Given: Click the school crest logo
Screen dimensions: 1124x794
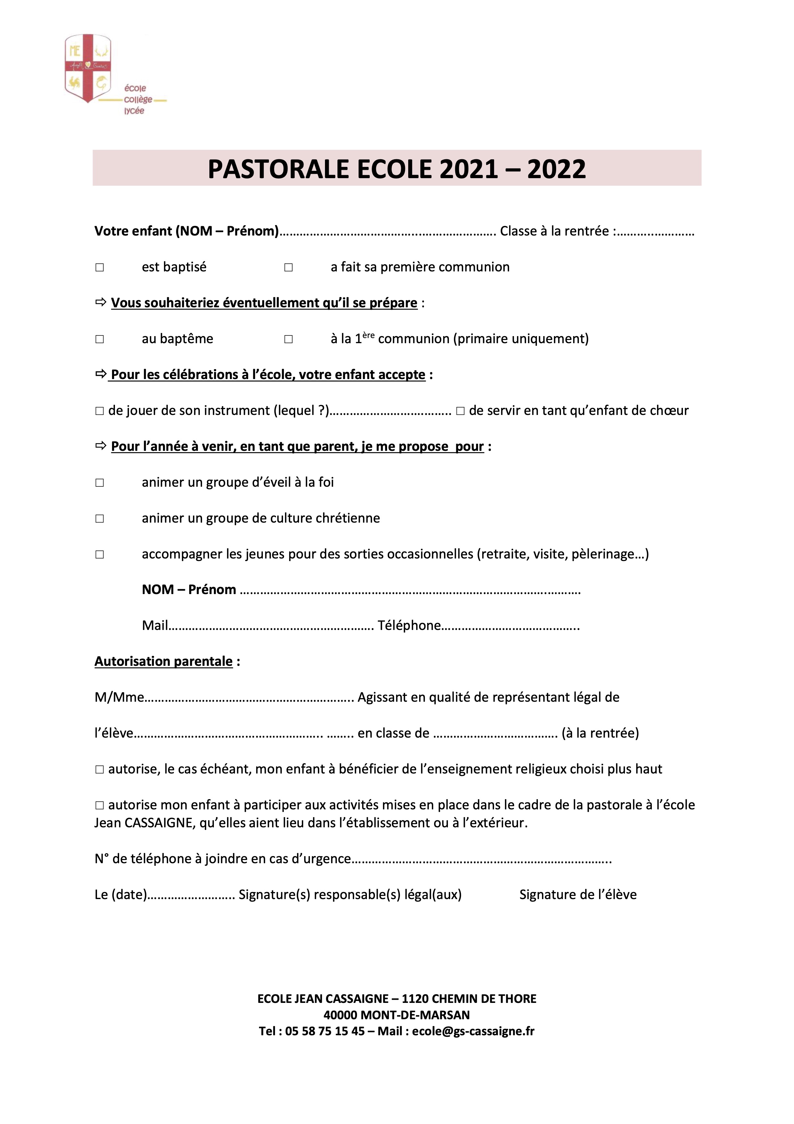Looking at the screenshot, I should (x=88, y=69).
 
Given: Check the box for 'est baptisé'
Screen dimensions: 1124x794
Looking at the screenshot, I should (x=99, y=267).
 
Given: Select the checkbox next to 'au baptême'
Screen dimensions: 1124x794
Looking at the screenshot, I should (x=99, y=339).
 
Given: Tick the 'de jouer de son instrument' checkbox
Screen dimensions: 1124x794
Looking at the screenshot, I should (x=99, y=411).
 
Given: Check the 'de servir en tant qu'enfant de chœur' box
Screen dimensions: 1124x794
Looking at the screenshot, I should (x=460, y=411).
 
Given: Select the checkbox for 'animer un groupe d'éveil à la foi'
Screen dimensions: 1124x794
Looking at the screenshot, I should (x=99, y=483).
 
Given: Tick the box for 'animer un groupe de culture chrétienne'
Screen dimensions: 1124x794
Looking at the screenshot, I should (x=99, y=518).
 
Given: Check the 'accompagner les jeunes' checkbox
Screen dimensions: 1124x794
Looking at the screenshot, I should (x=99, y=555).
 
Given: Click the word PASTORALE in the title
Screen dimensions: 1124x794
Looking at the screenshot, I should (x=278, y=169).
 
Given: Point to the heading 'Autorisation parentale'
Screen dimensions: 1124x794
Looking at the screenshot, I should (x=163, y=661).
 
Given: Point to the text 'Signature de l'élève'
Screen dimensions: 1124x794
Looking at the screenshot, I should (x=578, y=895).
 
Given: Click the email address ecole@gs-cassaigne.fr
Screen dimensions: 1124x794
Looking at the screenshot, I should (x=473, y=1031).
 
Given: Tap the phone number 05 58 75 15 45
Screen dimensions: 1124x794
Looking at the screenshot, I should (x=325, y=1031).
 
